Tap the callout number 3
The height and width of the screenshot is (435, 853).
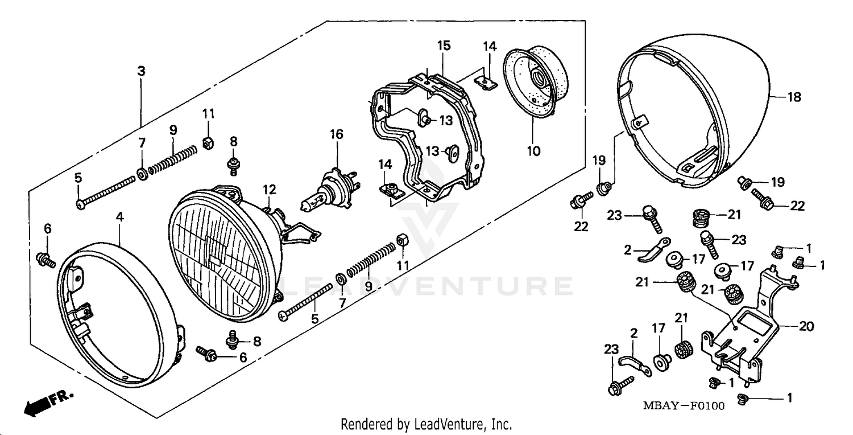tap(141, 71)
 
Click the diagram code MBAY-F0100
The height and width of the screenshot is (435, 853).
tap(676, 406)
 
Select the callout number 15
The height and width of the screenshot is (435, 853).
tap(444, 46)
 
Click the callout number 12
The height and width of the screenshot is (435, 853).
tap(268, 188)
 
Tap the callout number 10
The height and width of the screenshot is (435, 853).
tap(533, 151)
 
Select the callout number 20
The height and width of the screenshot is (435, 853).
tap(806, 327)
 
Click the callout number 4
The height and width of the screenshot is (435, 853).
tap(119, 217)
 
